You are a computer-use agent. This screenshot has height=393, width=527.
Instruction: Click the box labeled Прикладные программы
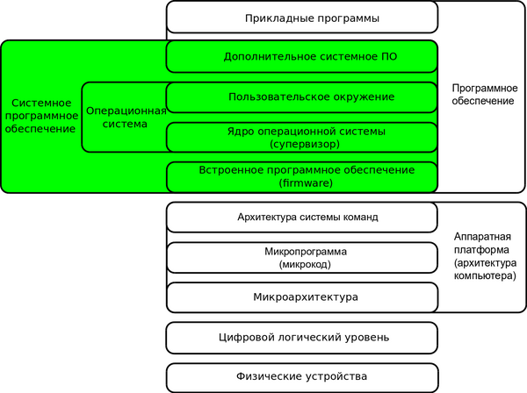pos(301,17)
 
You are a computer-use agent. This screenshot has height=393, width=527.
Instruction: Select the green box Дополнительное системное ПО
pos(301,56)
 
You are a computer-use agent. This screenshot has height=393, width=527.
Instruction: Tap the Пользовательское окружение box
pos(301,96)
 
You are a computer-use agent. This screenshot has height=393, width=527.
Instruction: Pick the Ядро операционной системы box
pos(301,137)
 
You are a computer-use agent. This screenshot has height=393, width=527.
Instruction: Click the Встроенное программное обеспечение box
pos(301,176)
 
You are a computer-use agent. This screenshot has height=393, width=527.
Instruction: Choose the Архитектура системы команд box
pos(301,218)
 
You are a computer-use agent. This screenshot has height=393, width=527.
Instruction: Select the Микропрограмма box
pos(301,258)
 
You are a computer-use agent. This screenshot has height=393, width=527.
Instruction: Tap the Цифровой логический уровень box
pos(301,337)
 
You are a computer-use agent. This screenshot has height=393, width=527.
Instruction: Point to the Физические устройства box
pos(301,377)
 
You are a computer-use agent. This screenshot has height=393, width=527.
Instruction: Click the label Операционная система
pos(123,118)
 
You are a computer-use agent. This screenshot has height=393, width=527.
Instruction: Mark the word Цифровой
pos(248,337)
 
